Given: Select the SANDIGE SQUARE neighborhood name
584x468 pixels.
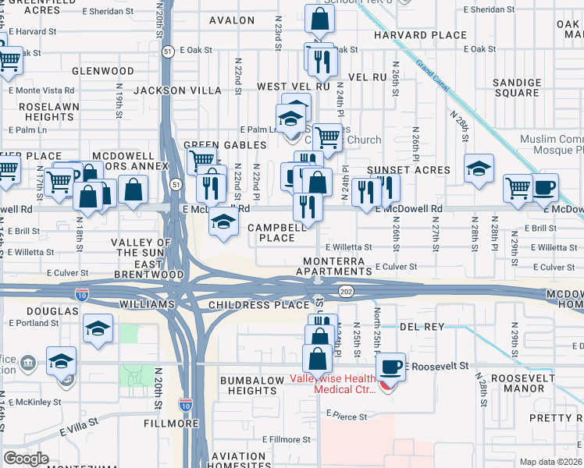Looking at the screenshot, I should click(x=517, y=87).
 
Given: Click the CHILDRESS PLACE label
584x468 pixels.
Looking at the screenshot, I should click(x=258, y=304).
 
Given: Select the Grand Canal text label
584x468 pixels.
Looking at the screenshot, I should click(x=432, y=75).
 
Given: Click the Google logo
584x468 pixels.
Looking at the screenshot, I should click(x=27, y=458).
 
